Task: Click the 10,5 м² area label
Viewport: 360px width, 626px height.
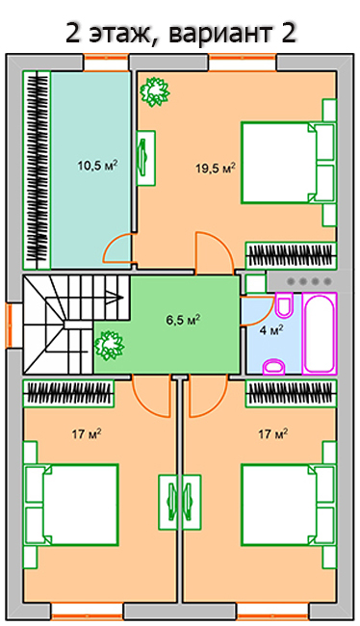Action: click(x=97, y=165)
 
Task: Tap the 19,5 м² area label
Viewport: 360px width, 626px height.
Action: click(x=215, y=168)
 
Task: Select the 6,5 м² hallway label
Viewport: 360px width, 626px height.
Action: click(x=183, y=320)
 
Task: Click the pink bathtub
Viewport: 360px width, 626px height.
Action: click(x=320, y=333)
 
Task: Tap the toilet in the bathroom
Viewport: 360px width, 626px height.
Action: click(x=284, y=306)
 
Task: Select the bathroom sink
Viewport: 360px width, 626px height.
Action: click(x=273, y=367)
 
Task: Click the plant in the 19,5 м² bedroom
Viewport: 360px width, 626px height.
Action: click(x=154, y=91)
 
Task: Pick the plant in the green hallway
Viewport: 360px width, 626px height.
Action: click(x=109, y=346)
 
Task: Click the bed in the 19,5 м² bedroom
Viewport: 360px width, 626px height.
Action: click(x=288, y=163)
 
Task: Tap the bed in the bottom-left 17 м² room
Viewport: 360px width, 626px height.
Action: click(x=71, y=505)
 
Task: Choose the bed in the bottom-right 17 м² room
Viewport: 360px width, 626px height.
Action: click(x=288, y=505)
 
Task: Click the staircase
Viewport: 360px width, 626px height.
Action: click(x=76, y=325)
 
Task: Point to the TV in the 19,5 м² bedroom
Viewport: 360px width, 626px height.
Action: click(x=145, y=158)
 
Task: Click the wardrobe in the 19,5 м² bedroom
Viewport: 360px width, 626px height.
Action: click(x=291, y=256)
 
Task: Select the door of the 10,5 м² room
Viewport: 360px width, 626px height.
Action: click(x=117, y=248)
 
